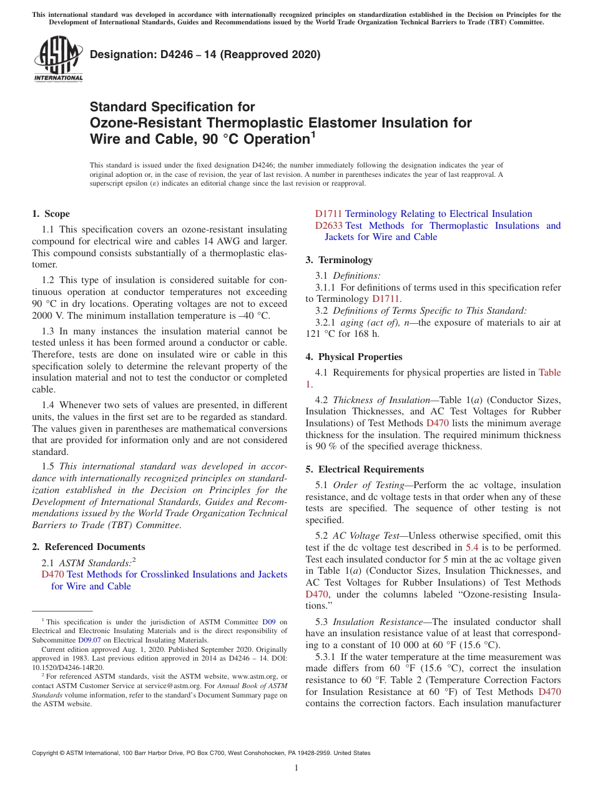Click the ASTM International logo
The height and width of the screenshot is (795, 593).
(x=58, y=59)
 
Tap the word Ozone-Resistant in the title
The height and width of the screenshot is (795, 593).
(x=150, y=122)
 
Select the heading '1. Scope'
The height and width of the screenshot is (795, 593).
(x=51, y=214)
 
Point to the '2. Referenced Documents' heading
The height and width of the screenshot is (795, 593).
(x=89, y=547)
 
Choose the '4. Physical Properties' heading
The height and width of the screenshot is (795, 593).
(x=354, y=357)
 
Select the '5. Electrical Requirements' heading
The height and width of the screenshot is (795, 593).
(x=365, y=469)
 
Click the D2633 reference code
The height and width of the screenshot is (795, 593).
(x=328, y=226)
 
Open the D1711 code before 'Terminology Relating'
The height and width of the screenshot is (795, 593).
(x=328, y=214)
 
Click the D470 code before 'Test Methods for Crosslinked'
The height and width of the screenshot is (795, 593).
(x=52, y=574)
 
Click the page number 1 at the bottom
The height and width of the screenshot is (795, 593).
(x=296, y=768)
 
